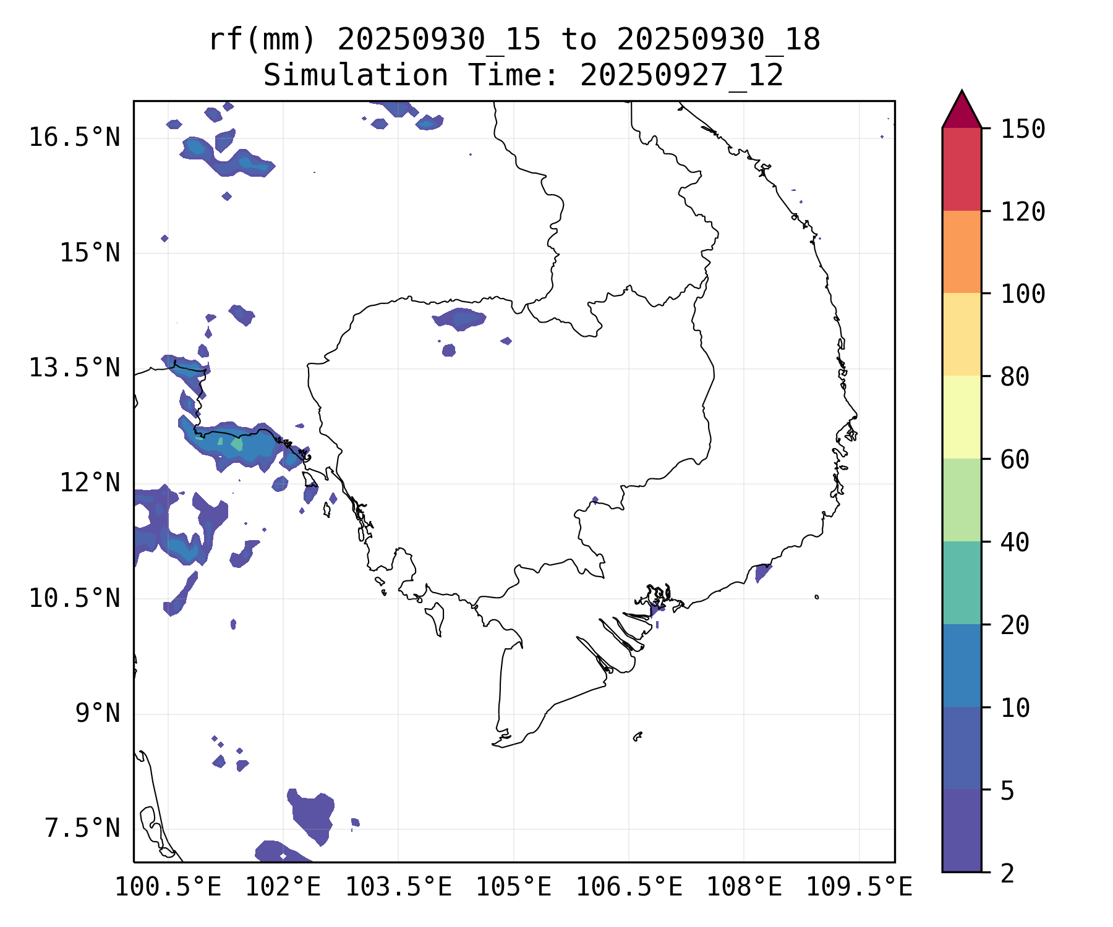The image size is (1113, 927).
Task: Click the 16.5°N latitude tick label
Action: (x=74, y=137)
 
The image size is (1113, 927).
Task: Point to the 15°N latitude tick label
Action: (x=90, y=253)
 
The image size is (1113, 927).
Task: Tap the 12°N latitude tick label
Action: (x=90, y=483)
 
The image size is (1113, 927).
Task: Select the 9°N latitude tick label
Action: (x=98, y=713)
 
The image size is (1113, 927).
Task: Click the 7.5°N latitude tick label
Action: (x=82, y=828)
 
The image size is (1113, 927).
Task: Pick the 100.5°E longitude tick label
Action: (x=168, y=887)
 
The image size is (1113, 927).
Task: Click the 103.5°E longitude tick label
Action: (x=398, y=887)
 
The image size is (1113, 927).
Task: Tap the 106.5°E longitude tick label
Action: (x=629, y=887)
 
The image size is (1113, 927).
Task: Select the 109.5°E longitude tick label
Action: (x=859, y=887)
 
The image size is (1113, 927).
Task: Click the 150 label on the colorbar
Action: (x=1023, y=130)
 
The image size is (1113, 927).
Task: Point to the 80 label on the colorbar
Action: (x=1015, y=377)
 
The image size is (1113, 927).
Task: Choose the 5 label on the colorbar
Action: (x=1007, y=790)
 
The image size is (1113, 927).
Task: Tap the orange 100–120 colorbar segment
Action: (x=962, y=252)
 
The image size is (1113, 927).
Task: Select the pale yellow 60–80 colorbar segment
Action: (x=962, y=417)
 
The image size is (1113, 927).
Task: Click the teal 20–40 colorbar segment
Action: (x=962, y=582)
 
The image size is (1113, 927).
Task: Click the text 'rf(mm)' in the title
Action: (x=262, y=40)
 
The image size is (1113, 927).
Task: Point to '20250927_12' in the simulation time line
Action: (x=681, y=75)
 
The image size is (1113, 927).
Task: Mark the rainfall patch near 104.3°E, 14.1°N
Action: (x=460, y=318)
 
